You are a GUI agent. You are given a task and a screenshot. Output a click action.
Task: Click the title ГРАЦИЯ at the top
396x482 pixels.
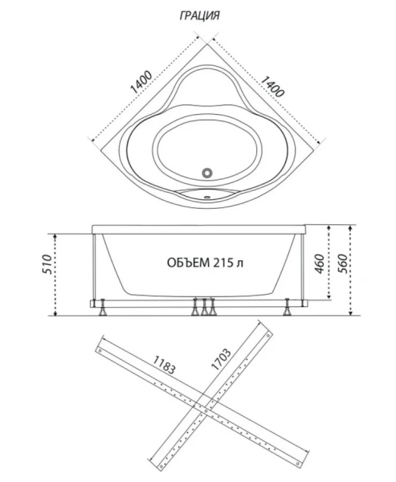(x=198, y=15)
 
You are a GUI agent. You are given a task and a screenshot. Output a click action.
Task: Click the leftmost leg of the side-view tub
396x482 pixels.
(x=103, y=307)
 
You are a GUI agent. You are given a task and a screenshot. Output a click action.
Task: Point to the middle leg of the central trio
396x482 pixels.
(x=204, y=307)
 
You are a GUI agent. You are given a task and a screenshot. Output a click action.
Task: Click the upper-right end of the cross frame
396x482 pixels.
(x=262, y=326)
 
